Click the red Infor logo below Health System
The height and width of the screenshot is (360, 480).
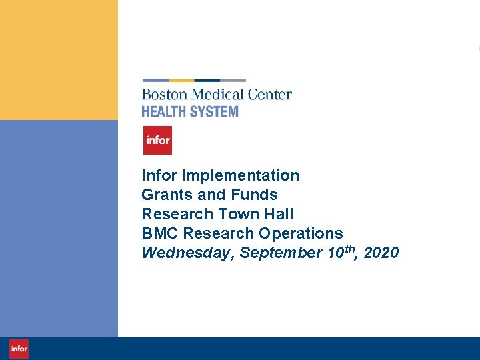coord(157,140)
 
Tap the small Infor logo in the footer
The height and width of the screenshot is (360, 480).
coord(19,349)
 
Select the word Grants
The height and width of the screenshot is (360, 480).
coord(163,195)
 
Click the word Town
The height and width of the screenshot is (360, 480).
coord(236,214)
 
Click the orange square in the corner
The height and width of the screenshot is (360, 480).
coord(59,60)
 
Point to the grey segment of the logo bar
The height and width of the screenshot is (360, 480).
coord(233,81)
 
